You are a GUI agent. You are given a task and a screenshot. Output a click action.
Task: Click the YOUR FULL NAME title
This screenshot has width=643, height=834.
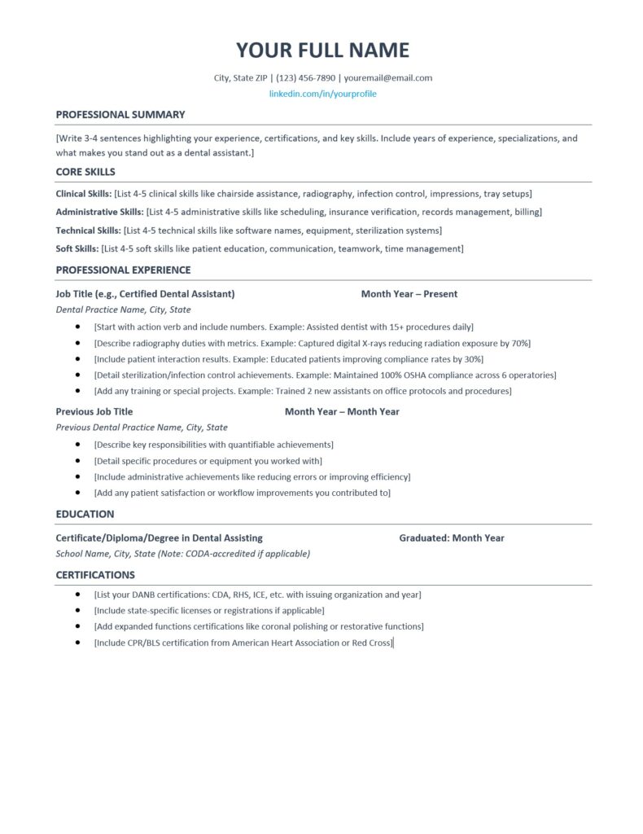pyautogui.click(x=322, y=50)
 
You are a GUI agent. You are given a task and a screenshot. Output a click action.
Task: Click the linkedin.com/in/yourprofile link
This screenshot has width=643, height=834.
pyautogui.click(x=322, y=94)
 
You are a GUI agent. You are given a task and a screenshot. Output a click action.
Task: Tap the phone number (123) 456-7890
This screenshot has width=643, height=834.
pyautogui.click(x=305, y=78)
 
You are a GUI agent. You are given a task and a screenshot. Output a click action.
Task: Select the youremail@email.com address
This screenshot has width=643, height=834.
pyautogui.click(x=387, y=78)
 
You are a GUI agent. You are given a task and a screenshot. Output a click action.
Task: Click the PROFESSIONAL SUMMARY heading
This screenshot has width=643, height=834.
pyautogui.click(x=120, y=115)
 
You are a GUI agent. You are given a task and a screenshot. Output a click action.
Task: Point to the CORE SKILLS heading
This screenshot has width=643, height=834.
pyautogui.click(x=85, y=172)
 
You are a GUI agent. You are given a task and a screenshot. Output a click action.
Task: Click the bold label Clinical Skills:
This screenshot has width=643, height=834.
pyautogui.click(x=84, y=194)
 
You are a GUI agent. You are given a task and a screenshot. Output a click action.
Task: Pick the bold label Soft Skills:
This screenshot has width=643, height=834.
pyautogui.click(x=77, y=248)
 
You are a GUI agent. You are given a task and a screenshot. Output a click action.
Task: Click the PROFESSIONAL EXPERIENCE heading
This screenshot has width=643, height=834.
pyautogui.click(x=123, y=270)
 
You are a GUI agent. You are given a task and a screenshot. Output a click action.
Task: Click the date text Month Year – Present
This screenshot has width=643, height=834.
pyautogui.click(x=409, y=294)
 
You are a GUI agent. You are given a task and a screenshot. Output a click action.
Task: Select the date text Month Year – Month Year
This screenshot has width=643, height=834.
pyautogui.click(x=342, y=411)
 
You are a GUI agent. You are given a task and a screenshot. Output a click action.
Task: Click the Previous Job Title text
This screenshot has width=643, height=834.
pyautogui.click(x=94, y=411)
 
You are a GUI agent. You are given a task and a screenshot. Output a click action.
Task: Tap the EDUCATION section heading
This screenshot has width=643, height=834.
pyautogui.click(x=85, y=514)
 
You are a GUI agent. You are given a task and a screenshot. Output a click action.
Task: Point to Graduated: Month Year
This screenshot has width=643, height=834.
pyautogui.click(x=452, y=538)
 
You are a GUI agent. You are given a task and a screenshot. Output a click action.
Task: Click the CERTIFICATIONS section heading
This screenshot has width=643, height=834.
pyautogui.click(x=95, y=574)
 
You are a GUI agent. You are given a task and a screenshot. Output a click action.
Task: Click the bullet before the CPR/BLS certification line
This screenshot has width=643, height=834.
pyautogui.click(x=77, y=643)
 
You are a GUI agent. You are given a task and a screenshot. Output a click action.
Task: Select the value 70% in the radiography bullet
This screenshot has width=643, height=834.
pyautogui.click(x=521, y=343)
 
